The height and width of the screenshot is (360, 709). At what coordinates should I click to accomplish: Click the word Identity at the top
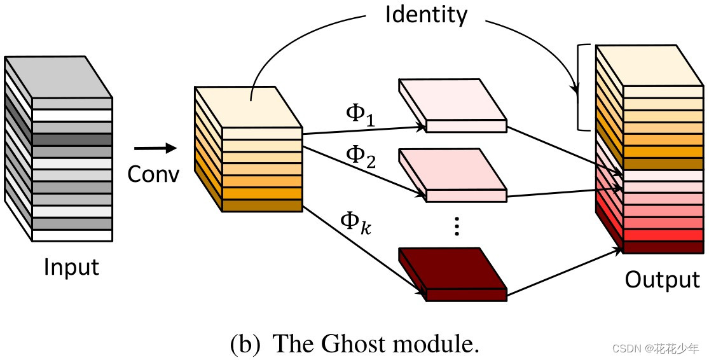pos(425,15)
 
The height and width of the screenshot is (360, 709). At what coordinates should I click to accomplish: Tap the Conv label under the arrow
pos(153,173)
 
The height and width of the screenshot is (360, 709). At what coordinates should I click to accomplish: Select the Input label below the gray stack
pos(71,267)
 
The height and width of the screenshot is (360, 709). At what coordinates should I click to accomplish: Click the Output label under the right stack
pos(662,279)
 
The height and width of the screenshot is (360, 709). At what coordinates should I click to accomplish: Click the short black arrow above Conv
pos(155,149)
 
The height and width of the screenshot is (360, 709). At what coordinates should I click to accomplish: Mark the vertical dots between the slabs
pos(455,226)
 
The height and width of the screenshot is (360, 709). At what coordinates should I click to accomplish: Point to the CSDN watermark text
pos(656,348)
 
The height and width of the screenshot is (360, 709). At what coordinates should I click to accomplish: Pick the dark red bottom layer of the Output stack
pos(663,247)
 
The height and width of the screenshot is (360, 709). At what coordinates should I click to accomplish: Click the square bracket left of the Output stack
pos(580,87)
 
